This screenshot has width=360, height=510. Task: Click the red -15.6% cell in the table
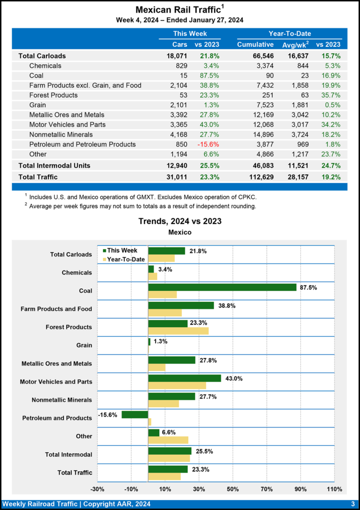209,144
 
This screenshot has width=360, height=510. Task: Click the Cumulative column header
255,45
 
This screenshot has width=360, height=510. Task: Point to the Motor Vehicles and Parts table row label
67,125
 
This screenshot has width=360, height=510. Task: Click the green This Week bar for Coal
222,287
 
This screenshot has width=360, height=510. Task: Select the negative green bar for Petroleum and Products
135,414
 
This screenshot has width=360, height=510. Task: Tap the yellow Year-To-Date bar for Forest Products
178,331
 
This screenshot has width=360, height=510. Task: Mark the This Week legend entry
120,251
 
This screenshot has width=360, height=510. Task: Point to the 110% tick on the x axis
334,489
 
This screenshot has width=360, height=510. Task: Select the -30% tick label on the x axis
98,489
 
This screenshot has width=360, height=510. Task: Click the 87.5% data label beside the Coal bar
308,287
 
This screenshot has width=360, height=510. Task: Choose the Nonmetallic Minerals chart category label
62,400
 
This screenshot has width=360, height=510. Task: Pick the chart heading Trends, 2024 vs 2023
180,221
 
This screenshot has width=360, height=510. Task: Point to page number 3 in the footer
353,504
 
